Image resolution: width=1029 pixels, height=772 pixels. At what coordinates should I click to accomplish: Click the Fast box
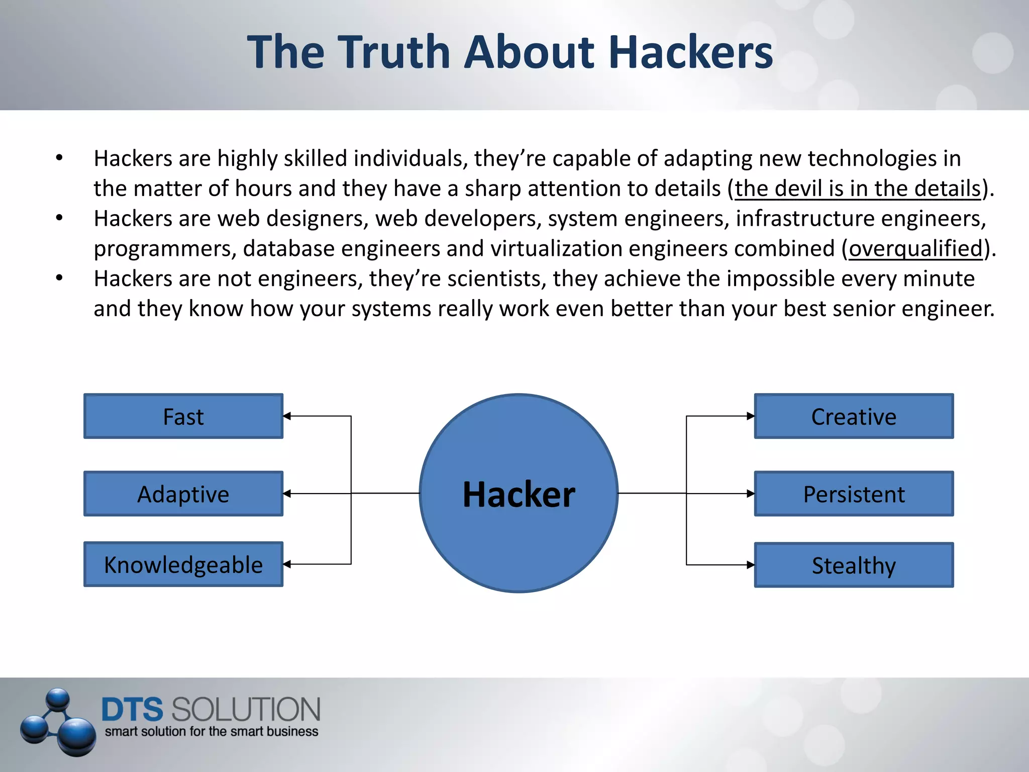coord(183,416)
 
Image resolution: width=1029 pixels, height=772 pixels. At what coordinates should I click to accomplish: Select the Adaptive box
coord(183,494)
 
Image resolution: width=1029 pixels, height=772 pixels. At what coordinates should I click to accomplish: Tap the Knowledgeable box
coord(183,564)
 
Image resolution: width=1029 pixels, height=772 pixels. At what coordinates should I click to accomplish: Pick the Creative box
coord(854,416)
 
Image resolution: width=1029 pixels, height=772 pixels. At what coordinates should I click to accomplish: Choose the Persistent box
coord(854,494)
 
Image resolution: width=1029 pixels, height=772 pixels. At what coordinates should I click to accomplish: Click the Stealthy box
coord(854,565)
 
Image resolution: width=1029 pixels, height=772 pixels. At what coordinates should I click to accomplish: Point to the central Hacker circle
coord(519,493)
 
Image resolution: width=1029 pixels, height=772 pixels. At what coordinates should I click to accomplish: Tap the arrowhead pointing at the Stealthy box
coord(750,565)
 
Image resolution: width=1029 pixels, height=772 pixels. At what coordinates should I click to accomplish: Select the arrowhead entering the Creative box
coord(750,416)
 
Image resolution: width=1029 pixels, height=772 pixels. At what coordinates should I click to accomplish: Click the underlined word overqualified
coord(915,248)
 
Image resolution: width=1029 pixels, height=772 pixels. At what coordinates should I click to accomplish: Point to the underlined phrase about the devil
coord(858,188)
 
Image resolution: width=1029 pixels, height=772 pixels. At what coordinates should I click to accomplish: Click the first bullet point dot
coord(59,158)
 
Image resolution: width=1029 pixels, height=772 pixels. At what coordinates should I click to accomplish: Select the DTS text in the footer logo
coord(132,709)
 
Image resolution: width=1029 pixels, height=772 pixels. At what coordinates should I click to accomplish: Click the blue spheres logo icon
coord(58,722)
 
